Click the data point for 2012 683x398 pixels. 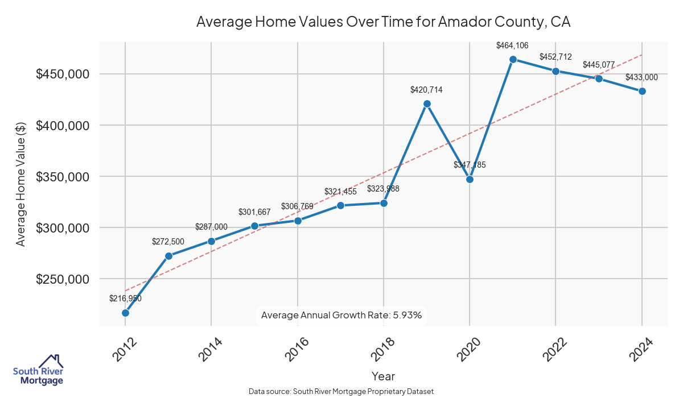[125, 313]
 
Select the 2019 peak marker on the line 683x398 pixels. [427, 103]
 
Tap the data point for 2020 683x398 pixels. [470, 179]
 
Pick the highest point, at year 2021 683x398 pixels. [513, 59]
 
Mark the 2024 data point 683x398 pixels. [642, 91]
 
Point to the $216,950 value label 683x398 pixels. [125, 298]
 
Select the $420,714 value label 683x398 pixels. [426, 89]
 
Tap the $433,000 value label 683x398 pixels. [641, 77]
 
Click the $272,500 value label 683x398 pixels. [168, 242]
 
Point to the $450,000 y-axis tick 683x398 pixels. [62, 74]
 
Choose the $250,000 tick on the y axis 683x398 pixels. [62, 279]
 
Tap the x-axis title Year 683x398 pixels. [383, 376]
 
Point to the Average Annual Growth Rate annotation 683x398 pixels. [341, 315]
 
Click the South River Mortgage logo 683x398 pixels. [38, 370]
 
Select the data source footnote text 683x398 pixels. [341, 391]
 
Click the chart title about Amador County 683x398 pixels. [383, 22]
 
